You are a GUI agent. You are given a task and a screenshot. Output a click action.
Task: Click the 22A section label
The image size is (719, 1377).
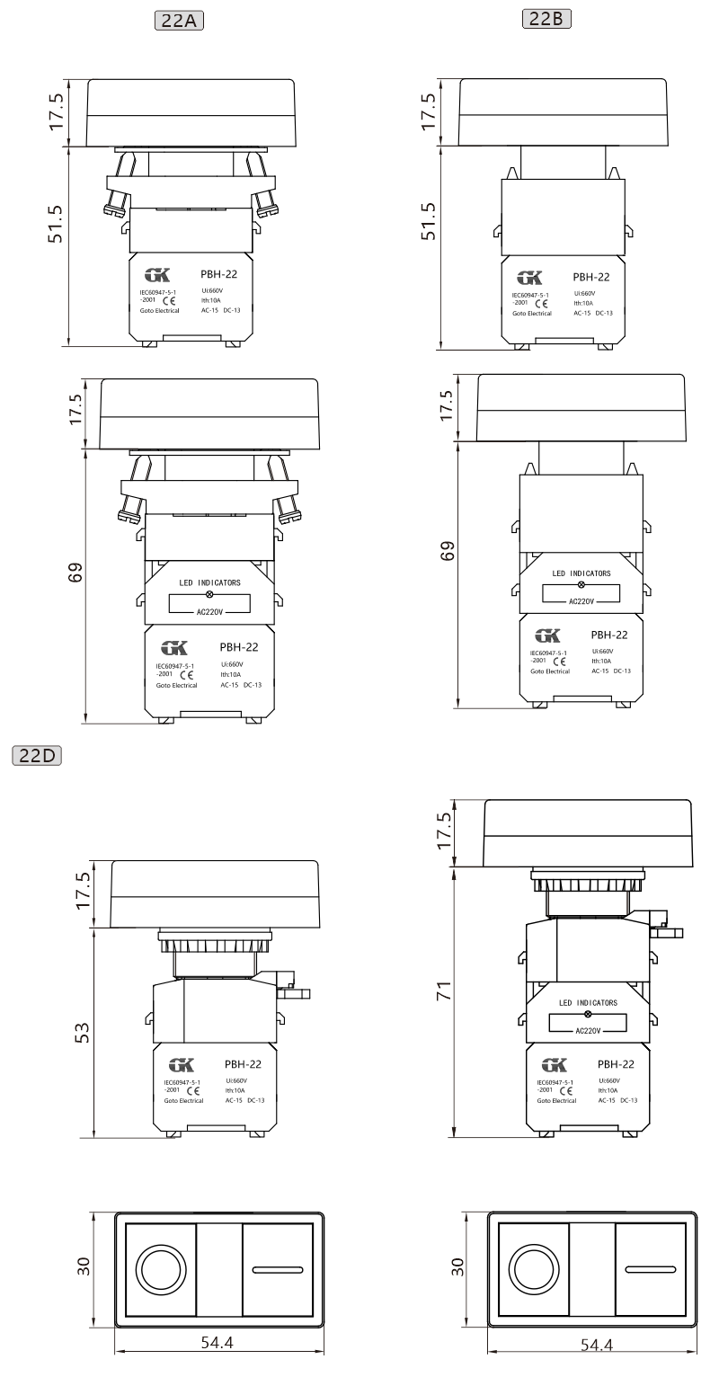(x=179, y=19)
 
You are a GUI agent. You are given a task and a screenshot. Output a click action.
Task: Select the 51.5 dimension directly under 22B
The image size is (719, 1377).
(x=430, y=220)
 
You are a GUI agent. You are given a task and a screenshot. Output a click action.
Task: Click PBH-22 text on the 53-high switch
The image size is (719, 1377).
(x=243, y=1062)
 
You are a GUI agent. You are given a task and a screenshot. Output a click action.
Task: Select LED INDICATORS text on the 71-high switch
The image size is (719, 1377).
(x=588, y=1002)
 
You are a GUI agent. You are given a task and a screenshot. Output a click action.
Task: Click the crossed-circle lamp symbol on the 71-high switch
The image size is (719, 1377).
(x=588, y=1014)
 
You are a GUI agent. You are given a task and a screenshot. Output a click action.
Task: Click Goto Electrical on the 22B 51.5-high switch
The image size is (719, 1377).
(x=532, y=313)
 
